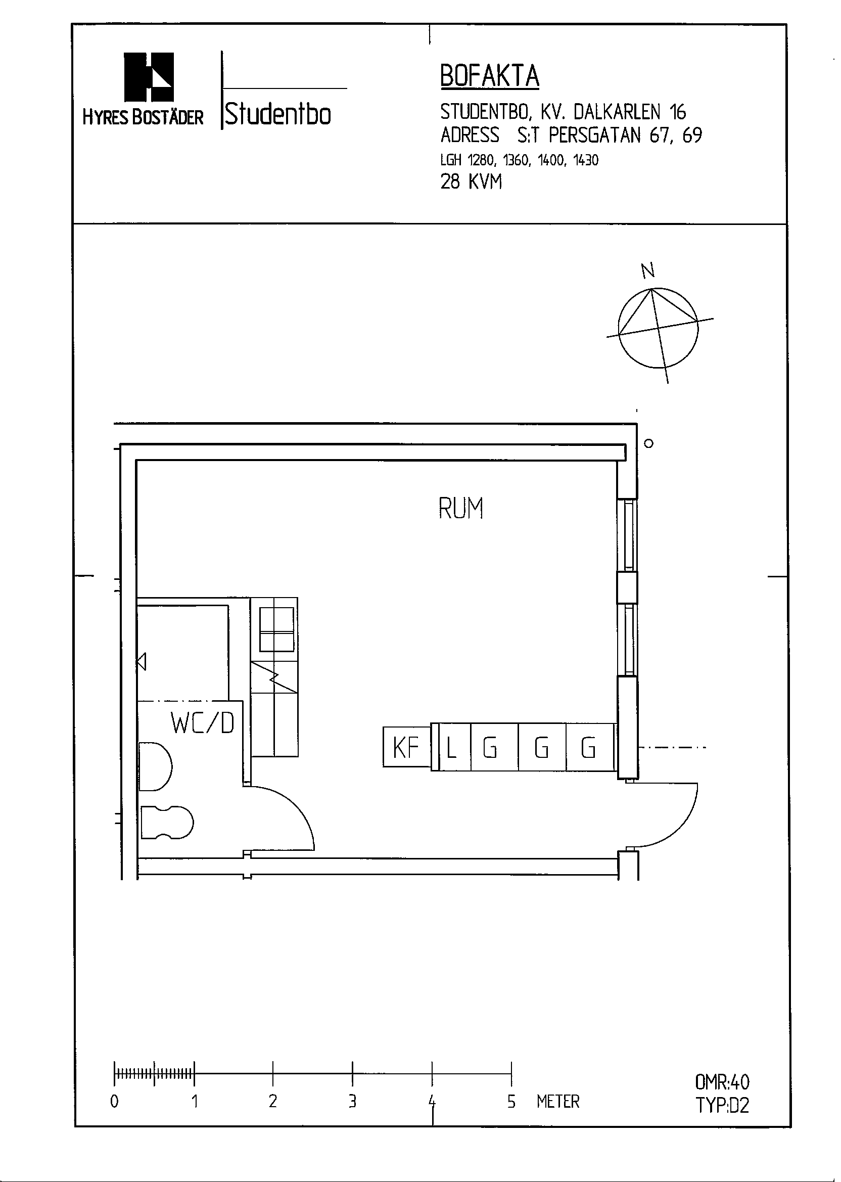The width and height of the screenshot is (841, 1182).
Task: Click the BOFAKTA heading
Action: click(x=489, y=76)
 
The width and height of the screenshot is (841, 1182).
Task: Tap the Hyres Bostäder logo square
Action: click(x=149, y=77)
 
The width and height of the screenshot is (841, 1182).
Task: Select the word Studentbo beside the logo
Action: click(x=278, y=114)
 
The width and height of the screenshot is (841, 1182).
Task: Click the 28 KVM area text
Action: click(x=471, y=182)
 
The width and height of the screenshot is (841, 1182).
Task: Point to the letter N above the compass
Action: click(x=647, y=270)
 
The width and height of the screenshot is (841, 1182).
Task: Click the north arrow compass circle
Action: click(x=658, y=328)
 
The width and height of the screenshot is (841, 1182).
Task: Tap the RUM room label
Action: click(x=460, y=508)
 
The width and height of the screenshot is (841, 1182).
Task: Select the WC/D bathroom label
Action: click(x=203, y=723)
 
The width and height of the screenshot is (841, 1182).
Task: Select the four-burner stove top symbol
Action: click(x=276, y=629)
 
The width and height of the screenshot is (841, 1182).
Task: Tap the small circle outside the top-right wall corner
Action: click(x=648, y=443)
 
